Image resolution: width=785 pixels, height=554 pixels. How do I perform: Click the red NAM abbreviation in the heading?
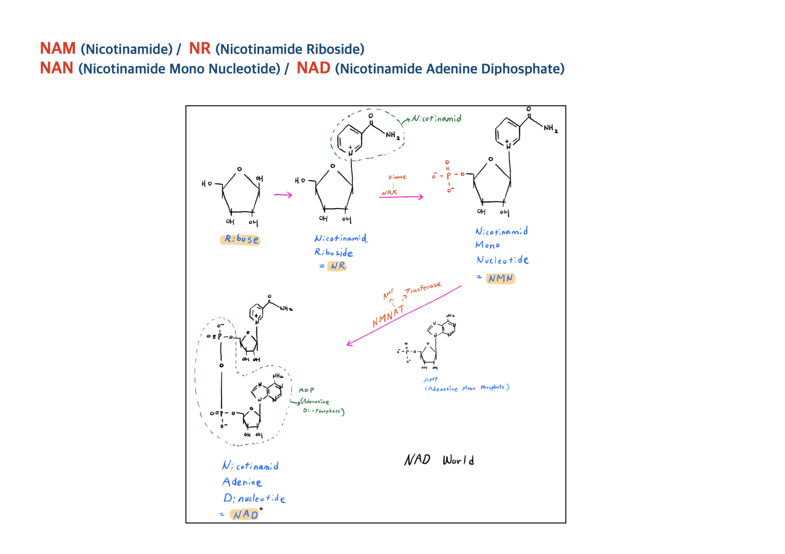tap(57, 48)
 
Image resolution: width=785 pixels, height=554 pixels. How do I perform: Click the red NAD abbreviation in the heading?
tap(313, 68)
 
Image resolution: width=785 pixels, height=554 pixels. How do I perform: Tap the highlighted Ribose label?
tap(241, 239)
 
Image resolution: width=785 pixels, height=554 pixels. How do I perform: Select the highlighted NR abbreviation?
tap(337, 266)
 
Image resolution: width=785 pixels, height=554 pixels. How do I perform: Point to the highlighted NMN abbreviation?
tap(500, 278)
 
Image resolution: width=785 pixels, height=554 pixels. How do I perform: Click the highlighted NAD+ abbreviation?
tap(245, 514)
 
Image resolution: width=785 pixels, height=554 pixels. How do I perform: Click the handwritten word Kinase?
tap(397, 177)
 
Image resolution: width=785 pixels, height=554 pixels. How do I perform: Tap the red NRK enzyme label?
tap(389, 192)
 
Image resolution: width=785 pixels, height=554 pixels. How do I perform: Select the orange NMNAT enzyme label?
tap(388, 317)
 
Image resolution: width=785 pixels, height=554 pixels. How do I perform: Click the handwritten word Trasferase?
tap(423, 288)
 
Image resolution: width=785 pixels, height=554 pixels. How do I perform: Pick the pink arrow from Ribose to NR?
tap(283, 195)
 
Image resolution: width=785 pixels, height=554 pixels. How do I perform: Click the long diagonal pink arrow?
tap(404, 315)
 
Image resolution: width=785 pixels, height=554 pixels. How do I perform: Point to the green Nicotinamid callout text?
tap(436, 119)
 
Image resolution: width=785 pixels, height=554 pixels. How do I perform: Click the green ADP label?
tap(306, 390)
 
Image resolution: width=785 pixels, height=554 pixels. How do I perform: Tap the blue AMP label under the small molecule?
tap(431, 379)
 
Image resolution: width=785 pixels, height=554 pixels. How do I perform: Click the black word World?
tap(458, 460)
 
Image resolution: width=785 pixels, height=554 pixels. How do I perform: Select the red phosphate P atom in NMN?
tap(448, 176)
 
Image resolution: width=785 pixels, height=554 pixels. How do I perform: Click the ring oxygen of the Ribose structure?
tap(240, 169)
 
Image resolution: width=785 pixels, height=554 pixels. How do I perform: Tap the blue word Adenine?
tap(242, 482)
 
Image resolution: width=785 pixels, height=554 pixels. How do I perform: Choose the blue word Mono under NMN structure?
tap(487, 245)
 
